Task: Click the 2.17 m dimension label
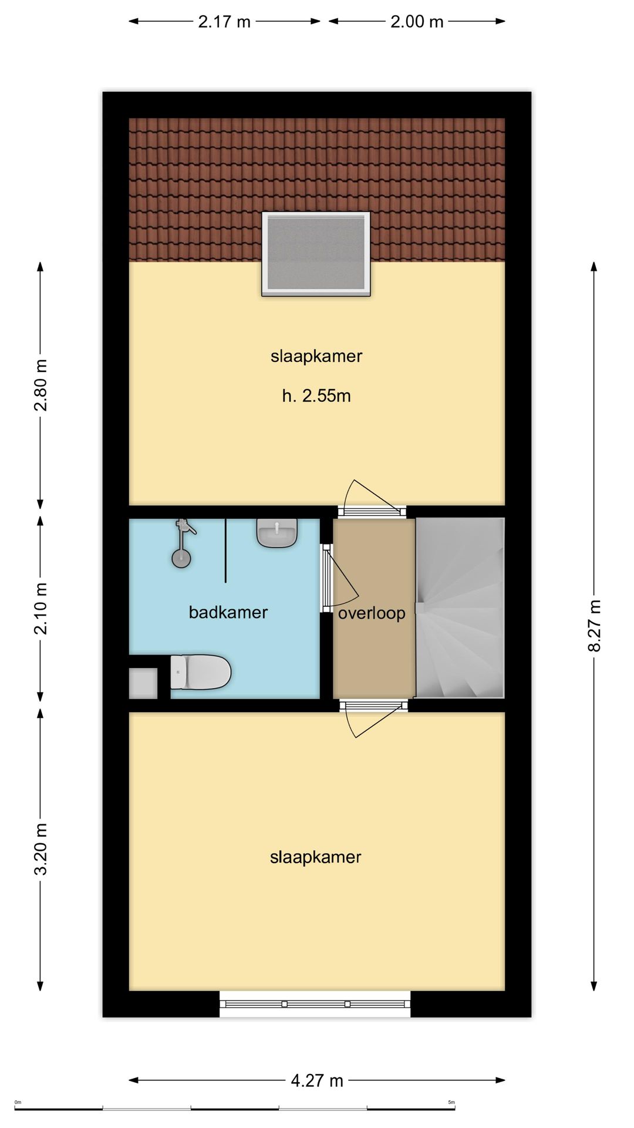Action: click(x=224, y=22)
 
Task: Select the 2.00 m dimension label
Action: click(x=417, y=22)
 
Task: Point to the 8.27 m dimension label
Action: click(x=594, y=626)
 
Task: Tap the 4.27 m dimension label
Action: click(x=317, y=1080)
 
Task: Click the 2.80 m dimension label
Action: click(x=41, y=385)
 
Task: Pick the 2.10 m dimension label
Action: click(x=41, y=609)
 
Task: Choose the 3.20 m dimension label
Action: click(x=41, y=849)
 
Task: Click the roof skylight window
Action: click(x=316, y=254)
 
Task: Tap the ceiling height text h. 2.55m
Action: click(x=316, y=395)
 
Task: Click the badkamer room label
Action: click(x=228, y=612)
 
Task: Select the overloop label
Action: click(x=372, y=613)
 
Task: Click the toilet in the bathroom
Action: click(x=200, y=672)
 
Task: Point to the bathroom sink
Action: click(x=277, y=533)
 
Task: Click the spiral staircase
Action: click(x=460, y=607)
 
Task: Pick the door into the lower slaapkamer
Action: click(x=373, y=718)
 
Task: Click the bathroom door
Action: click(x=339, y=579)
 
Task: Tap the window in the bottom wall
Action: click(x=315, y=1004)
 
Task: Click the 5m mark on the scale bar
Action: click(x=451, y=1103)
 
